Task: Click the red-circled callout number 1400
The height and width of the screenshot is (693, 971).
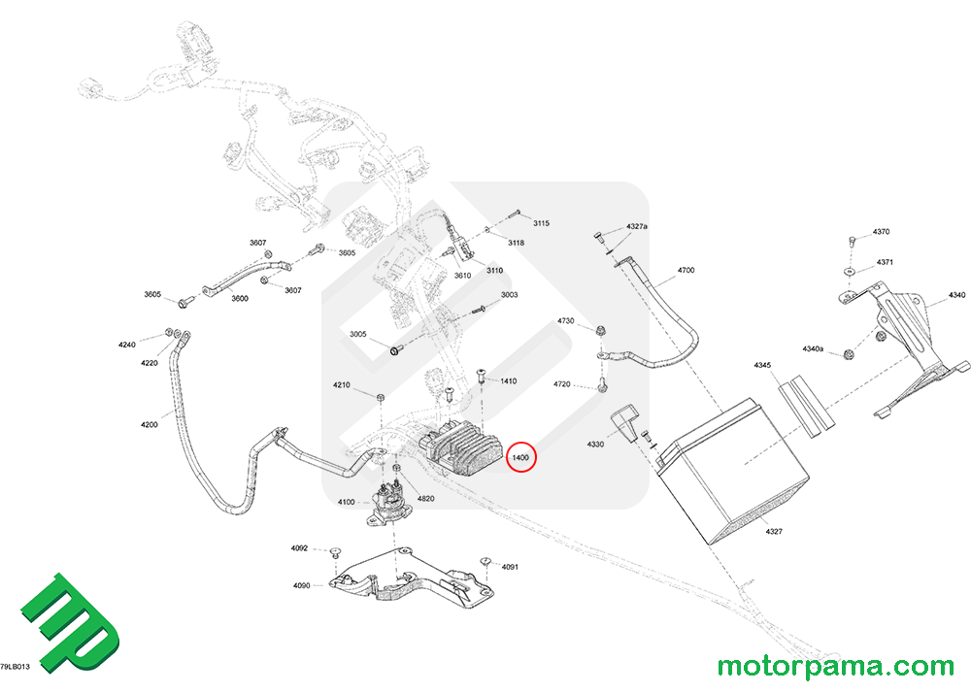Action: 521,457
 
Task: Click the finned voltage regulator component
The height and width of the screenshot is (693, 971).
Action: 460,452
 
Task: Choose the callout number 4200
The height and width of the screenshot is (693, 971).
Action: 149,424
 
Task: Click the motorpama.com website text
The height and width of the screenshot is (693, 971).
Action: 835,667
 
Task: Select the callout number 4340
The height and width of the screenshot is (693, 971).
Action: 956,295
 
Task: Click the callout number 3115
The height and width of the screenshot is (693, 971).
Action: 541,223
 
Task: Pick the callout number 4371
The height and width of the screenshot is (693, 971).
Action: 885,263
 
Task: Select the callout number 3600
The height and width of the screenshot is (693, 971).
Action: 239,299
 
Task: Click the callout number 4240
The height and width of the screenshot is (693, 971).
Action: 128,345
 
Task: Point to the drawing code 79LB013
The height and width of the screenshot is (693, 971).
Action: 17,668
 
